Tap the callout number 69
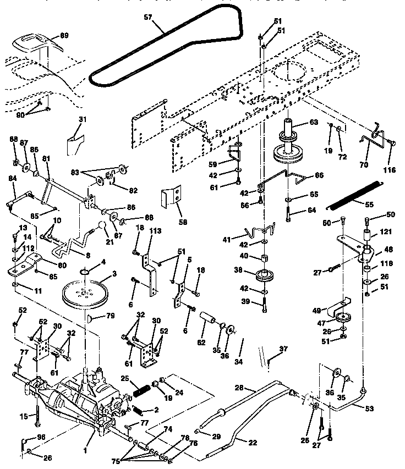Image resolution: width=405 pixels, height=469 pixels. (x=64, y=36)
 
